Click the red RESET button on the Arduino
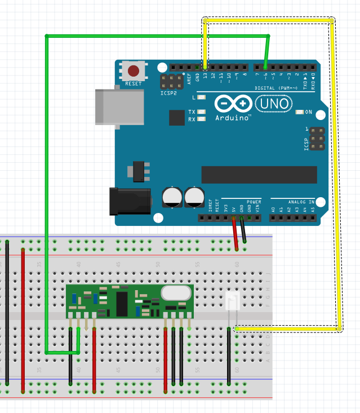134,71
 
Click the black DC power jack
130,202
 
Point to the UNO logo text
274,103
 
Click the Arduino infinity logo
233,104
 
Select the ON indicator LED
299,112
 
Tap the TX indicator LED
201,112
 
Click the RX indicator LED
201,119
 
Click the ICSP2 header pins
171,81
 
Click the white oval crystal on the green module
176,293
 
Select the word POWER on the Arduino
254,202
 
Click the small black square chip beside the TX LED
177,117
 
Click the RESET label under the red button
134,84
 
